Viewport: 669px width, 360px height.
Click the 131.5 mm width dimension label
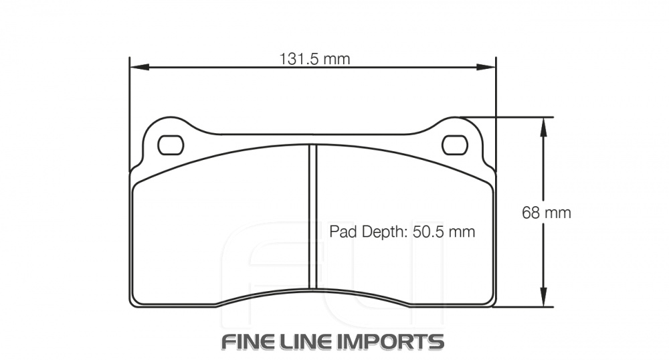(314, 59)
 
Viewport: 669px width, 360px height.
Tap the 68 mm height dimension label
(546, 213)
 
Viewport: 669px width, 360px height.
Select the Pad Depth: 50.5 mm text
(401, 232)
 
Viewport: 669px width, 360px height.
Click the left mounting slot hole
(169, 145)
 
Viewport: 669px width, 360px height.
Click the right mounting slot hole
(455, 145)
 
